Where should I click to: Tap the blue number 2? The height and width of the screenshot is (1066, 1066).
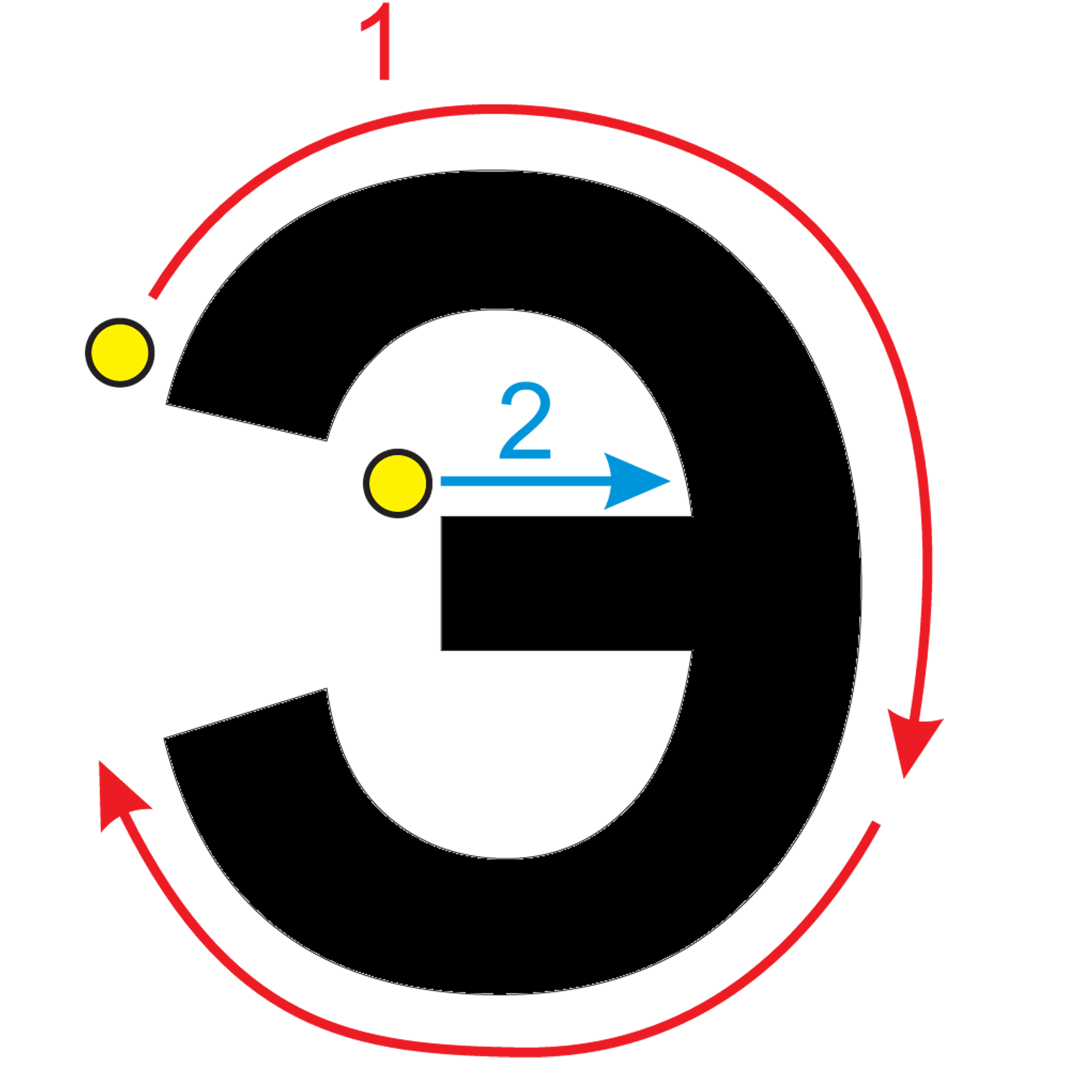pos(525,420)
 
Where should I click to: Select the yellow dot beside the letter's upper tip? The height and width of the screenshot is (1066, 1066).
pos(120,353)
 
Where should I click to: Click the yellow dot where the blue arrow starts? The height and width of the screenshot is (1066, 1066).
pos(398,482)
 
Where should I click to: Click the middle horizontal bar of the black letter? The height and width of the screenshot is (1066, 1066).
pos(565,583)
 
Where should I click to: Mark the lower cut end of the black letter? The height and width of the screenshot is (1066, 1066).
pos(245,713)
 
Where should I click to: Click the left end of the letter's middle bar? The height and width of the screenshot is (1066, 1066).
pos(442,583)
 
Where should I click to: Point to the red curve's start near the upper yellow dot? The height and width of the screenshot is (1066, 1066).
pos(153,296)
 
